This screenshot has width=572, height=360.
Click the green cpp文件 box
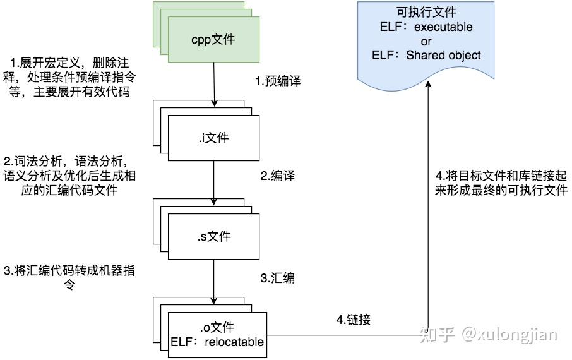point(213,40)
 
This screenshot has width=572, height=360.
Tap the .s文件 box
point(213,237)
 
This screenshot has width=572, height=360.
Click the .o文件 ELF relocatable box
point(217,335)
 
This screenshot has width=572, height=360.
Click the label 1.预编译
point(278,81)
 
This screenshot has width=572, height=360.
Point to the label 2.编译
point(278,176)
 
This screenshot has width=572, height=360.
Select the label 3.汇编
point(278,278)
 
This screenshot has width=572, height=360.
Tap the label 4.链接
point(352,320)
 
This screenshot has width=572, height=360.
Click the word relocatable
point(235,342)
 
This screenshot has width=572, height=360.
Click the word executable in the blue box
point(444,28)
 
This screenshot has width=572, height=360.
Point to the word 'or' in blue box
point(426,42)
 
